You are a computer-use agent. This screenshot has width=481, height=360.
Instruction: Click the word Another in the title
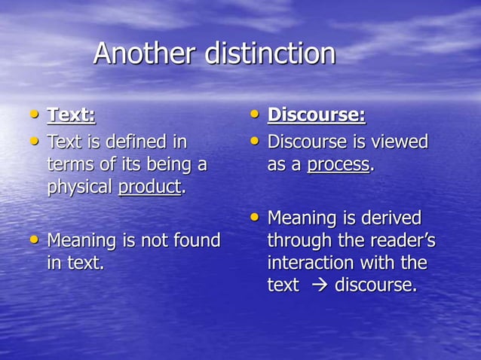pos(142,53)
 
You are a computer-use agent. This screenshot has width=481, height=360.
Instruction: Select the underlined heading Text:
pos(72,115)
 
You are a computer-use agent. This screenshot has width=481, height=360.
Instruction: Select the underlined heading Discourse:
pos(317,115)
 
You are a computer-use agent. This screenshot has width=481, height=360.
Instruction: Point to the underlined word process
pos(339,165)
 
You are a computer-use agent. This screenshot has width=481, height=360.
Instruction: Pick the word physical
pos(80,187)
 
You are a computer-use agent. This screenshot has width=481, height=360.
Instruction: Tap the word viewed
pos(395,141)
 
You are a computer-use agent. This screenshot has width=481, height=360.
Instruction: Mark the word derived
pos(391,218)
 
